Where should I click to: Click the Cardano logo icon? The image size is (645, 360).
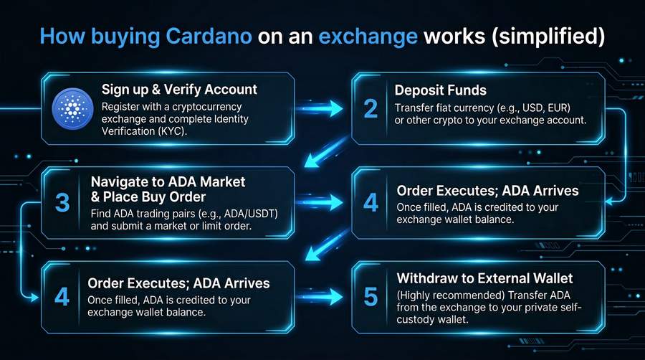tap(71, 108)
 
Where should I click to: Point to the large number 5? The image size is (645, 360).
tap(371, 295)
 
